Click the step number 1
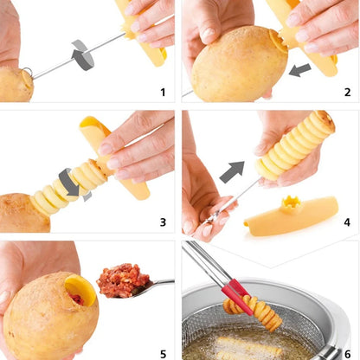pyautogui.click(x=162, y=92)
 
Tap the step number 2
pyautogui.click(x=345, y=92)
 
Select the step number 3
pyautogui.click(x=162, y=222)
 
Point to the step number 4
pyautogui.click(x=345, y=222)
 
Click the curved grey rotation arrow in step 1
pyautogui.click(x=83, y=55)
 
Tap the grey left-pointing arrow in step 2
pyautogui.click(x=299, y=68)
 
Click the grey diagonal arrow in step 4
pyautogui.click(x=232, y=172)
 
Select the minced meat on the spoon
pyautogui.click(x=122, y=280)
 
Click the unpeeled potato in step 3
pyautogui.click(x=21, y=213)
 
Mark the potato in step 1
pyautogui.click(x=15, y=84)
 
